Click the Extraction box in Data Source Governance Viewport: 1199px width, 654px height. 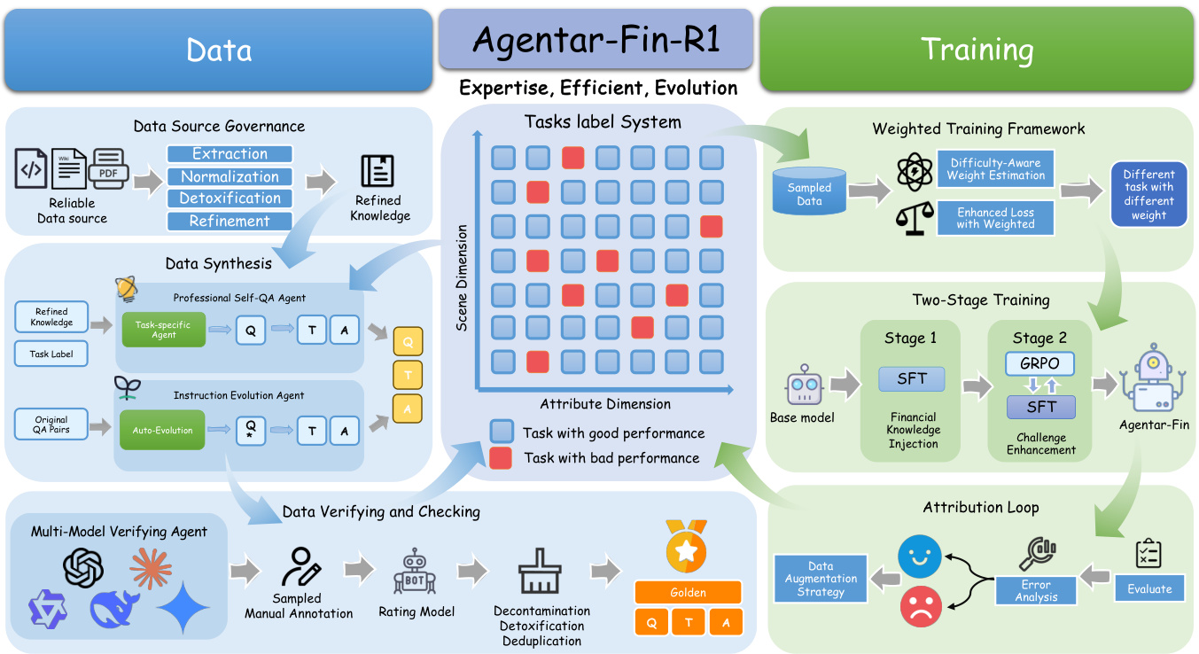(230, 154)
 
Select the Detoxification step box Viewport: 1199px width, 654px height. (230, 199)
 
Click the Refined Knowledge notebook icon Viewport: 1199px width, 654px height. (378, 170)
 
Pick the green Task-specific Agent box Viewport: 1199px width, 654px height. (163, 330)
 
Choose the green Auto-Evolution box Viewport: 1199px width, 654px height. (163, 431)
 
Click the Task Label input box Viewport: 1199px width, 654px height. (51, 354)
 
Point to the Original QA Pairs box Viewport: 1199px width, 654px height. (51, 424)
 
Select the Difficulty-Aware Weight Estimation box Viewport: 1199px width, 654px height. (995, 169)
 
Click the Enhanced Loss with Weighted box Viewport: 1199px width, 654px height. (995, 218)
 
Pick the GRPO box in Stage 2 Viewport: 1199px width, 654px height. (1039, 364)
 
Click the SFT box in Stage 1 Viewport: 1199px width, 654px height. (912, 378)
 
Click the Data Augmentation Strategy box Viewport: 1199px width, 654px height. (821, 579)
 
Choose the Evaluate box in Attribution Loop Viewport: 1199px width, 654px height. (1149, 588)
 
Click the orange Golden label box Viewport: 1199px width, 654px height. (688, 593)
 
